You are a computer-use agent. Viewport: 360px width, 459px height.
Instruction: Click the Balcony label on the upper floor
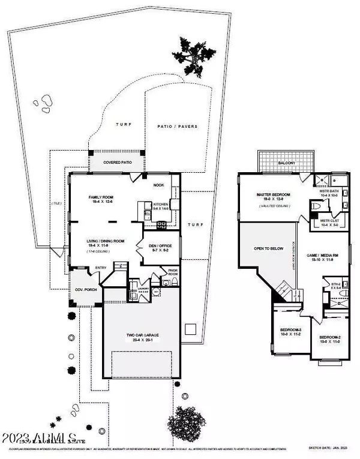[277, 162]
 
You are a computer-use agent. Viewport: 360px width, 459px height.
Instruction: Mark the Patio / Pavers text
[177, 127]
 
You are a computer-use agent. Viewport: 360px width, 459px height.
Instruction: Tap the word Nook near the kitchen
[158, 185]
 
